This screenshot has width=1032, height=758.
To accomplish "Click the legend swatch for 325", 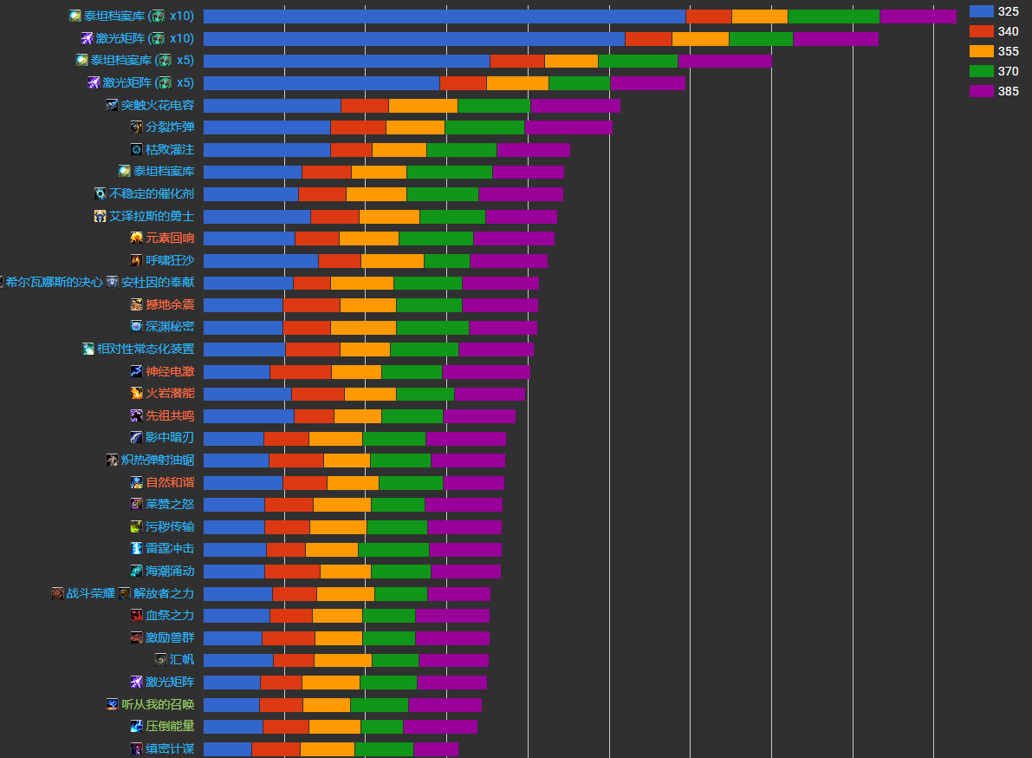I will [981, 11].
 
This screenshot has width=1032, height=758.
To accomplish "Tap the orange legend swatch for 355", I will [981, 51].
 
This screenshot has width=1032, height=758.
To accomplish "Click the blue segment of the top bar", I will [444, 16].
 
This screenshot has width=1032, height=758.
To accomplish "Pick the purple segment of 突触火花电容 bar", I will [575, 106].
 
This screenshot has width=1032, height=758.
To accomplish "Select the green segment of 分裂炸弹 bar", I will [484, 127].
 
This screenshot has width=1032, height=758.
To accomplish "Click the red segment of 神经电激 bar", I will [300, 372].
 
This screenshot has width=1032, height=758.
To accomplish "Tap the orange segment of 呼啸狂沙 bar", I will [392, 261].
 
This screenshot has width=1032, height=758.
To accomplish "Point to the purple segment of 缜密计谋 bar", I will [436, 749].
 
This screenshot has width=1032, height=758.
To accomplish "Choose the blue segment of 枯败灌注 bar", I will [267, 150].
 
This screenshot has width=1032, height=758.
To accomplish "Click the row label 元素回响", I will [170, 239].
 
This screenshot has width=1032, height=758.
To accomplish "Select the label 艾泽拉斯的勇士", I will [152, 216].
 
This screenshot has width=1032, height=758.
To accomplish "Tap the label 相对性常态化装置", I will [146, 350].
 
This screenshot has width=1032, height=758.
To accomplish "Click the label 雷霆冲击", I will [170, 549].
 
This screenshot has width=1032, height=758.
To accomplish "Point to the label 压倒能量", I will [170, 727].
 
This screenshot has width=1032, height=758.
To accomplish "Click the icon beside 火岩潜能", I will [136, 394].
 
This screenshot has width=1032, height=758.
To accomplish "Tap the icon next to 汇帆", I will [160, 660].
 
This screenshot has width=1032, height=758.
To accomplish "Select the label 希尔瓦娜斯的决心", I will [54, 283].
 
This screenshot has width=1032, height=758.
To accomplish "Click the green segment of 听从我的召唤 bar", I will [379, 705].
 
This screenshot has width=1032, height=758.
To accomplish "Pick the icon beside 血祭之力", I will [136, 616].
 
